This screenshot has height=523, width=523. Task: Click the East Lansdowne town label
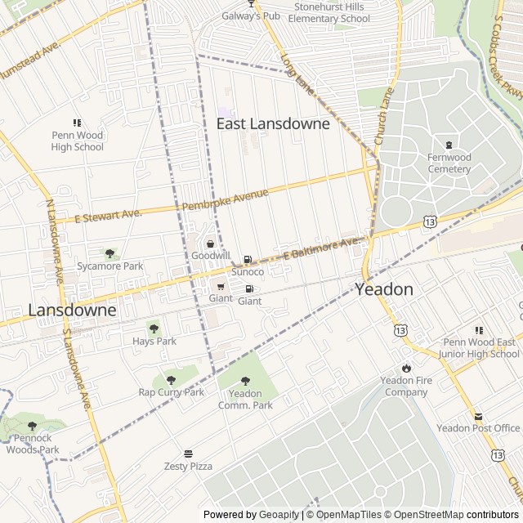point(273,123)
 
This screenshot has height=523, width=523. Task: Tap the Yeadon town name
point(383,289)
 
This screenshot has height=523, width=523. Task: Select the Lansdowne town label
point(72,311)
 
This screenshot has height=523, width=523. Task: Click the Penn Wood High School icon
point(78,123)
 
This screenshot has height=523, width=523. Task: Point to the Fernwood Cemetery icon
point(449,145)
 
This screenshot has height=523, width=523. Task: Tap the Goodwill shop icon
point(210,244)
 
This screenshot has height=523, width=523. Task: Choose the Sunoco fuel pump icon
point(248,259)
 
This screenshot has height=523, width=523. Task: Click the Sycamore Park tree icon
point(110,254)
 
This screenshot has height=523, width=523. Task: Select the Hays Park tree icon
point(154,329)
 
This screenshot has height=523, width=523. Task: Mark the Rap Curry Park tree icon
point(171,380)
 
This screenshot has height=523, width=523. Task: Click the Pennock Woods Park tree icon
point(32,426)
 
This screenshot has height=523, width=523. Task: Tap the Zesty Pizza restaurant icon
point(188,454)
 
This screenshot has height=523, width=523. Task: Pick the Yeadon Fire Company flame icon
point(406,368)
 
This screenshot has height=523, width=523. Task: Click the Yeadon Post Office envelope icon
point(478,416)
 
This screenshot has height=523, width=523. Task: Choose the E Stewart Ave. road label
point(109,216)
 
